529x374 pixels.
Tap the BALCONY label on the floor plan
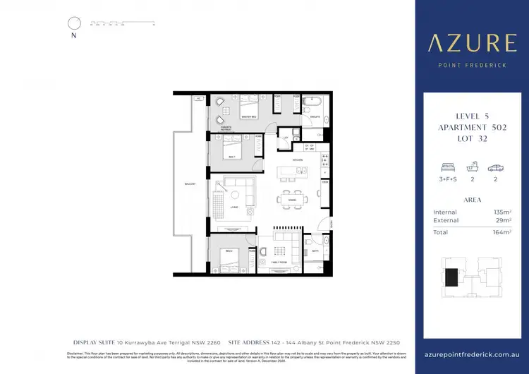(x=190, y=183)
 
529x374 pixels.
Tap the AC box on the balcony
(x=199, y=98)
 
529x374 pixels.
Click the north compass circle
(x=73, y=23)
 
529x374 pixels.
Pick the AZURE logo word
(x=471, y=44)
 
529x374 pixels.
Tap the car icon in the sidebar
(x=497, y=169)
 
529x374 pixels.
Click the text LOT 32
(x=471, y=138)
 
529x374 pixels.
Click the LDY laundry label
(x=286, y=138)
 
